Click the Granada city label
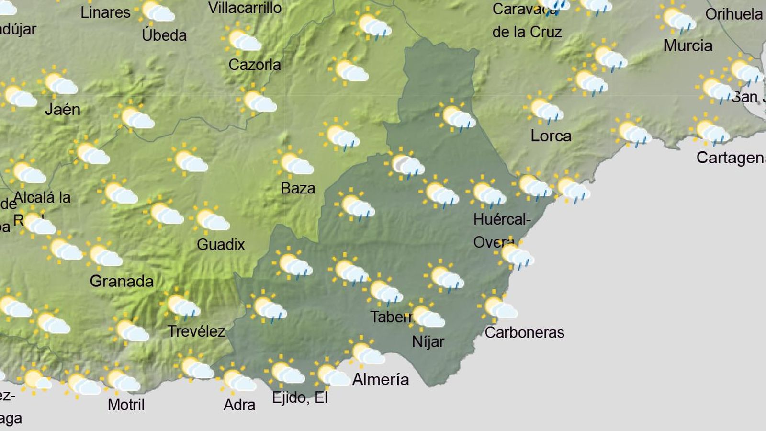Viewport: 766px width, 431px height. point(122,281)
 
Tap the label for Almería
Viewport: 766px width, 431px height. point(381,379)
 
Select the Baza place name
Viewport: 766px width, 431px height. point(298,188)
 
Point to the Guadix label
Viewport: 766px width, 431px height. point(221,245)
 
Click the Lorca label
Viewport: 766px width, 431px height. point(551,136)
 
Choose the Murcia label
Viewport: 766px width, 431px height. point(688,46)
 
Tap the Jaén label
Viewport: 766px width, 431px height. point(62,110)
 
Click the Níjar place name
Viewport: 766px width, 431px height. point(428,342)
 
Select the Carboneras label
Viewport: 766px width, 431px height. point(524,332)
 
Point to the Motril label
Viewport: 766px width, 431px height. point(126,405)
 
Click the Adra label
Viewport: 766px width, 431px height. point(239,405)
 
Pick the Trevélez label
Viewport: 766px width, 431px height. point(196,331)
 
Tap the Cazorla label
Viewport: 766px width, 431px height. point(255,65)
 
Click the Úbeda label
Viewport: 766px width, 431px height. point(164,35)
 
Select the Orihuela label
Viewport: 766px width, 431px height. point(734,14)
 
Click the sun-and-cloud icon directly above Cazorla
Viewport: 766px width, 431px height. point(242,39)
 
